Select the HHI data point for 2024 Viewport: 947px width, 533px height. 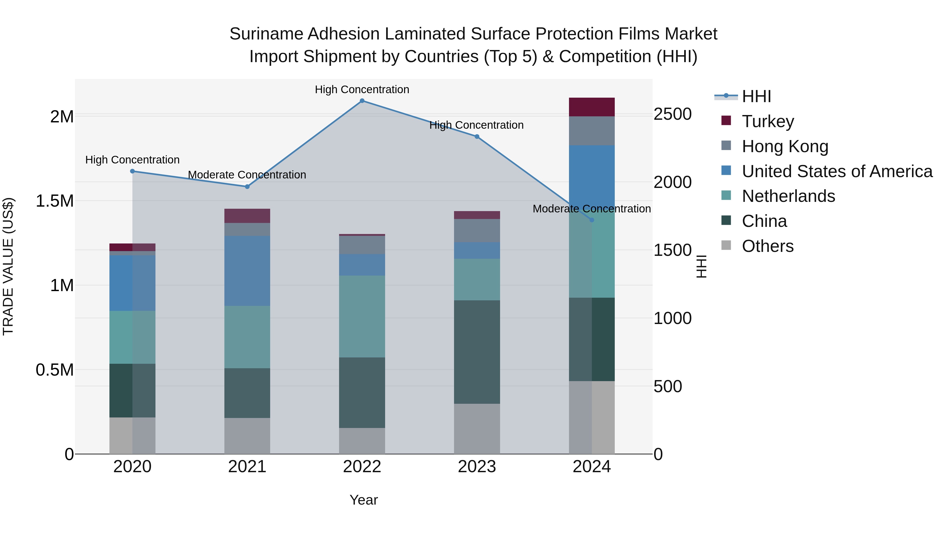pyautogui.click(x=592, y=220)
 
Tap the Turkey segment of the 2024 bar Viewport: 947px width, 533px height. pyautogui.click(x=592, y=107)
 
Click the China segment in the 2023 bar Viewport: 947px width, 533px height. pyautogui.click(x=477, y=352)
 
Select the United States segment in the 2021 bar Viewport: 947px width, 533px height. pyautogui.click(x=247, y=271)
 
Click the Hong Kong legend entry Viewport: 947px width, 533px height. pyautogui.click(x=785, y=146)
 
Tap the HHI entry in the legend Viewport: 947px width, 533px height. pyautogui.click(x=756, y=96)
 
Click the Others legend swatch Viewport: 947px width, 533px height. pyautogui.click(x=726, y=245)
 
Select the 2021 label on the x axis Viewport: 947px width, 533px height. pyautogui.click(x=247, y=467)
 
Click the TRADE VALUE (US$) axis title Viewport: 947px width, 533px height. pyautogui.click(x=8, y=266)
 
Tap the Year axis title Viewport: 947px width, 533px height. pyautogui.click(x=364, y=500)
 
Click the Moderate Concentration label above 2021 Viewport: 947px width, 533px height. pyautogui.click(x=247, y=175)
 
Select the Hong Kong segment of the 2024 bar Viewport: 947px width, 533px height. pyautogui.click(x=592, y=131)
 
